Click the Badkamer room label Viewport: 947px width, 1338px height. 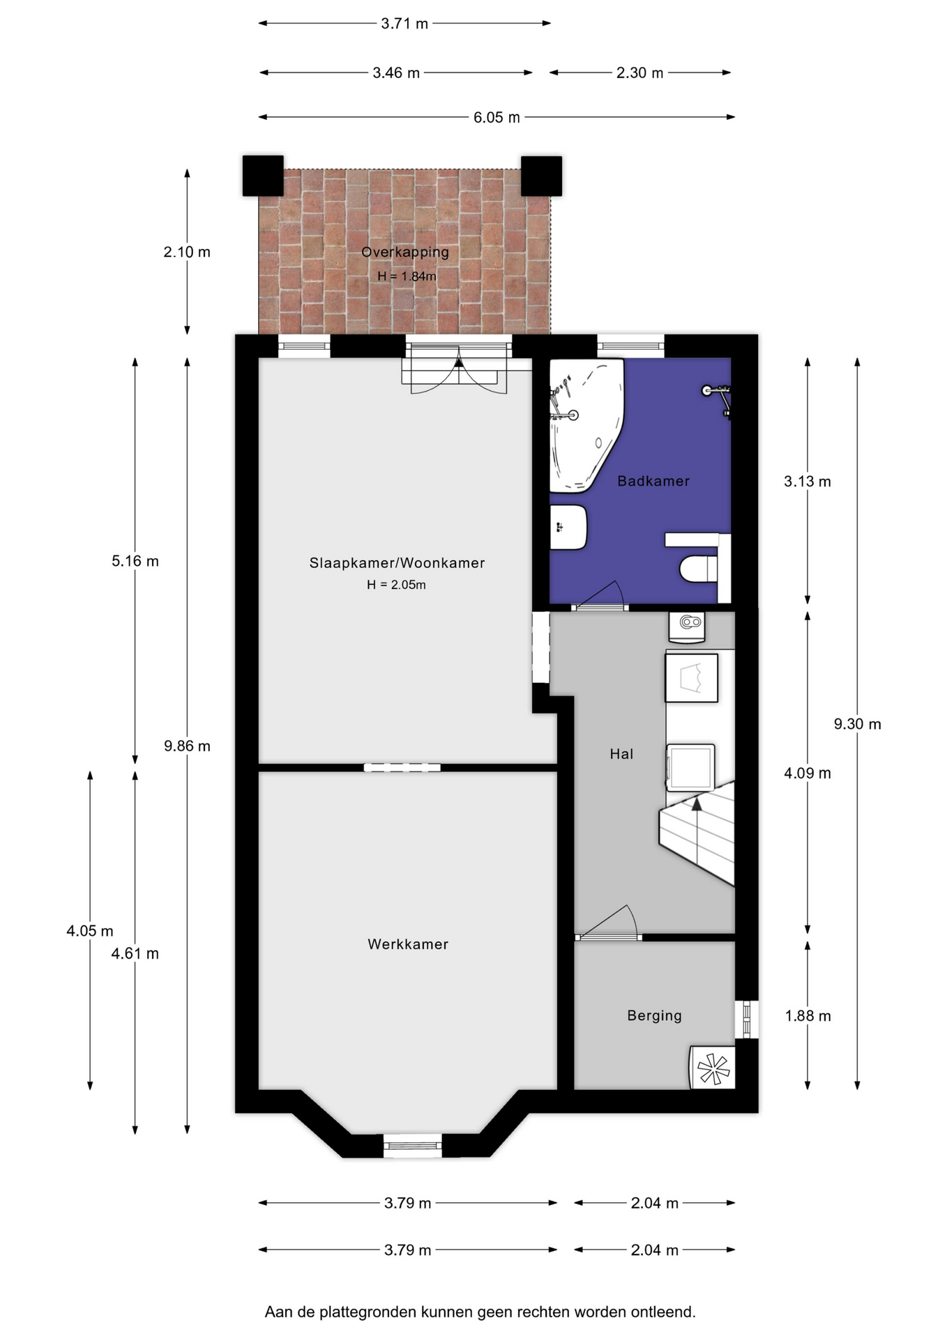point(653,481)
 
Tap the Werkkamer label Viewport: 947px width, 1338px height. point(408,944)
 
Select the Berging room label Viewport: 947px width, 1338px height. point(654,1015)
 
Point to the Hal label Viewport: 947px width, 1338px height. point(621,753)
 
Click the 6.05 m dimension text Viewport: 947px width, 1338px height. point(497,117)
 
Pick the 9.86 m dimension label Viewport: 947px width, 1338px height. point(187,746)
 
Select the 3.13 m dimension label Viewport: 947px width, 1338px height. point(808,481)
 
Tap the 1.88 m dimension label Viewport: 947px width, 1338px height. point(808,1015)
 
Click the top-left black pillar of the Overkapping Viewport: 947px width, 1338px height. point(263,176)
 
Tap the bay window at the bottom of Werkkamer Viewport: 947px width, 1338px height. point(413,1145)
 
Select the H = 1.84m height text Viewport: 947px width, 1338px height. point(407,276)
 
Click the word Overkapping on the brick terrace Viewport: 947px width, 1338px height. point(404,252)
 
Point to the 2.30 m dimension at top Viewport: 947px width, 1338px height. point(639,72)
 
